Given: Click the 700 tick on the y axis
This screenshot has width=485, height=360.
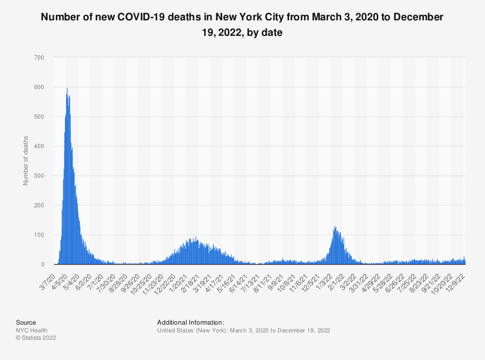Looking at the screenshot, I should coord(39,58).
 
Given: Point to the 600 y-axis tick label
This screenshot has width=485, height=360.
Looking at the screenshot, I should coord(39,87).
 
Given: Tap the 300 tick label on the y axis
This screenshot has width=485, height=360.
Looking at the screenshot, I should coord(39,176).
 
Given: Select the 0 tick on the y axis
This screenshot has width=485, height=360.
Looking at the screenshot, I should coord(42,265).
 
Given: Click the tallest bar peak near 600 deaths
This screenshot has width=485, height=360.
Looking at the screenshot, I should coord(67,89).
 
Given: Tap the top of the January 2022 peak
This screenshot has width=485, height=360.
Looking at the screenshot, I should coord(334,227).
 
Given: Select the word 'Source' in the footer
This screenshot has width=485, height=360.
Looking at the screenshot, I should coord(26,322).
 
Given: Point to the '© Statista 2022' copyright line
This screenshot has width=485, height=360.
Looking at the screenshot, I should coord(36,338).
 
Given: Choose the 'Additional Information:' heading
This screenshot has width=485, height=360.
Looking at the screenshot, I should coord(190,322).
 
